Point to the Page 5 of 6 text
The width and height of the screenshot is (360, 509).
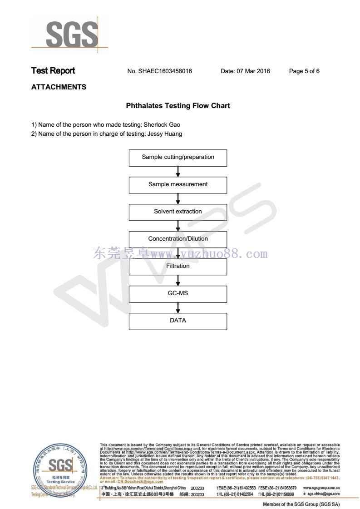click(x=304, y=71)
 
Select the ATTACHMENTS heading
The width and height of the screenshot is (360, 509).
click(x=59, y=87)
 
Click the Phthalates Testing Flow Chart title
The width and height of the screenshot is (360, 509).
click(x=178, y=106)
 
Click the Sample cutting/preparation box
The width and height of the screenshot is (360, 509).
click(x=178, y=157)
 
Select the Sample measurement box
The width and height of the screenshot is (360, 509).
click(x=178, y=184)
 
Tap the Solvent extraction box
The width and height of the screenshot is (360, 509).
click(x=178, y=212)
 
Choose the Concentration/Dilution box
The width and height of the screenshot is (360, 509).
click(x=178, y=239)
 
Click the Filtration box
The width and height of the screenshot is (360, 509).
click(x=178, y=266)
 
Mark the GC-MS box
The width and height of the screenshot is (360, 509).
click(x=178, y=293)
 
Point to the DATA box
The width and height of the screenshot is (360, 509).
click(x=178, y=321)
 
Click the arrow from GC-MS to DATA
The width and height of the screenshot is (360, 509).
click(x=178, y=307)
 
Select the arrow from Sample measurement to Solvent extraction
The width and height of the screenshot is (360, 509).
click(x=178, y=198)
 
